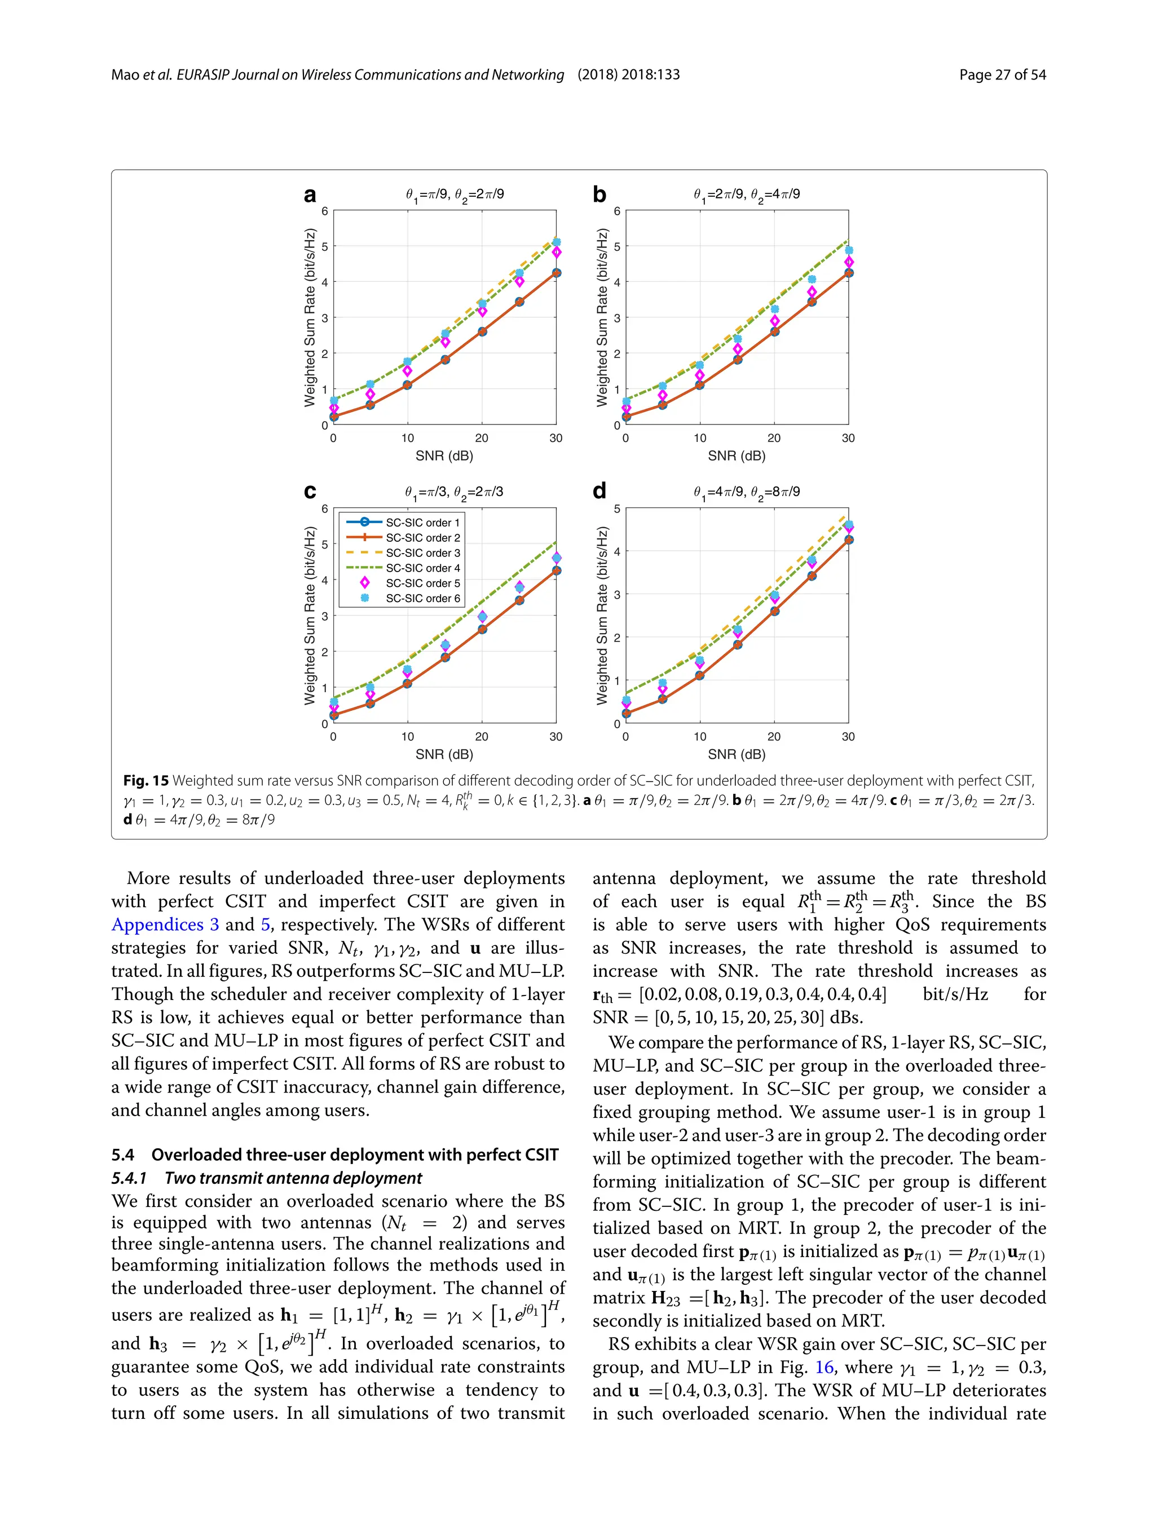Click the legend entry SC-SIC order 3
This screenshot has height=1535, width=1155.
pyautogui.click(x=422, y=553)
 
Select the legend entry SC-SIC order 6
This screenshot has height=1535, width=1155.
pyautogui.click(x=422, y=598)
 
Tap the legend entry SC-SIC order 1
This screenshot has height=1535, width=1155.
pyautogui.click(x=422, y=523)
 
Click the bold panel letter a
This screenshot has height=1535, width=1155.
pyautogui.click(x=310, y=196)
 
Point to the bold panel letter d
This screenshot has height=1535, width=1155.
pyautogui.click(x=599, y=492)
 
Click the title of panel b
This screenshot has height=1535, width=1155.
pyautogui.click(x=746, y=195)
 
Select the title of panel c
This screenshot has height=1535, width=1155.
pyautogui.click(x=454, y=493)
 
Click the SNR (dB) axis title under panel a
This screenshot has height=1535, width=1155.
pyautogui.click(x=444, y=456)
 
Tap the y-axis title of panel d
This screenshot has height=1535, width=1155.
pyautogui.click(x=602, y=616)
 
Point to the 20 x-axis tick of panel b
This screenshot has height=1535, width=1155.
pyautogui.click(x=774, y=439)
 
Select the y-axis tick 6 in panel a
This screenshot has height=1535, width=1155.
pyautogui.click(x=324, y=211)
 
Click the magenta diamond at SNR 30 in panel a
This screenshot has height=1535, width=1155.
pyautogui.click(x=556, y=253)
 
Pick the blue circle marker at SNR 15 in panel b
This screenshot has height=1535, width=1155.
pyautogui.click(x=738, y=360)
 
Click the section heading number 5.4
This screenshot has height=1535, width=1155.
pyautogui.click(x=123, y=1154)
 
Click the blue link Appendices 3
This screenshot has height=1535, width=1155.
pyautogui.click(x=165, y=925)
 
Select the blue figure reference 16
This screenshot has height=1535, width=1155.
pyautogui.click(x=824, y=1367)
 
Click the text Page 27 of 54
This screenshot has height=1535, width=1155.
pyautogui.click(x=1002, y=75)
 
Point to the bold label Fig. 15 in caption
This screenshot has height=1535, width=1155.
pyautogui.click(x=146, y=781)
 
